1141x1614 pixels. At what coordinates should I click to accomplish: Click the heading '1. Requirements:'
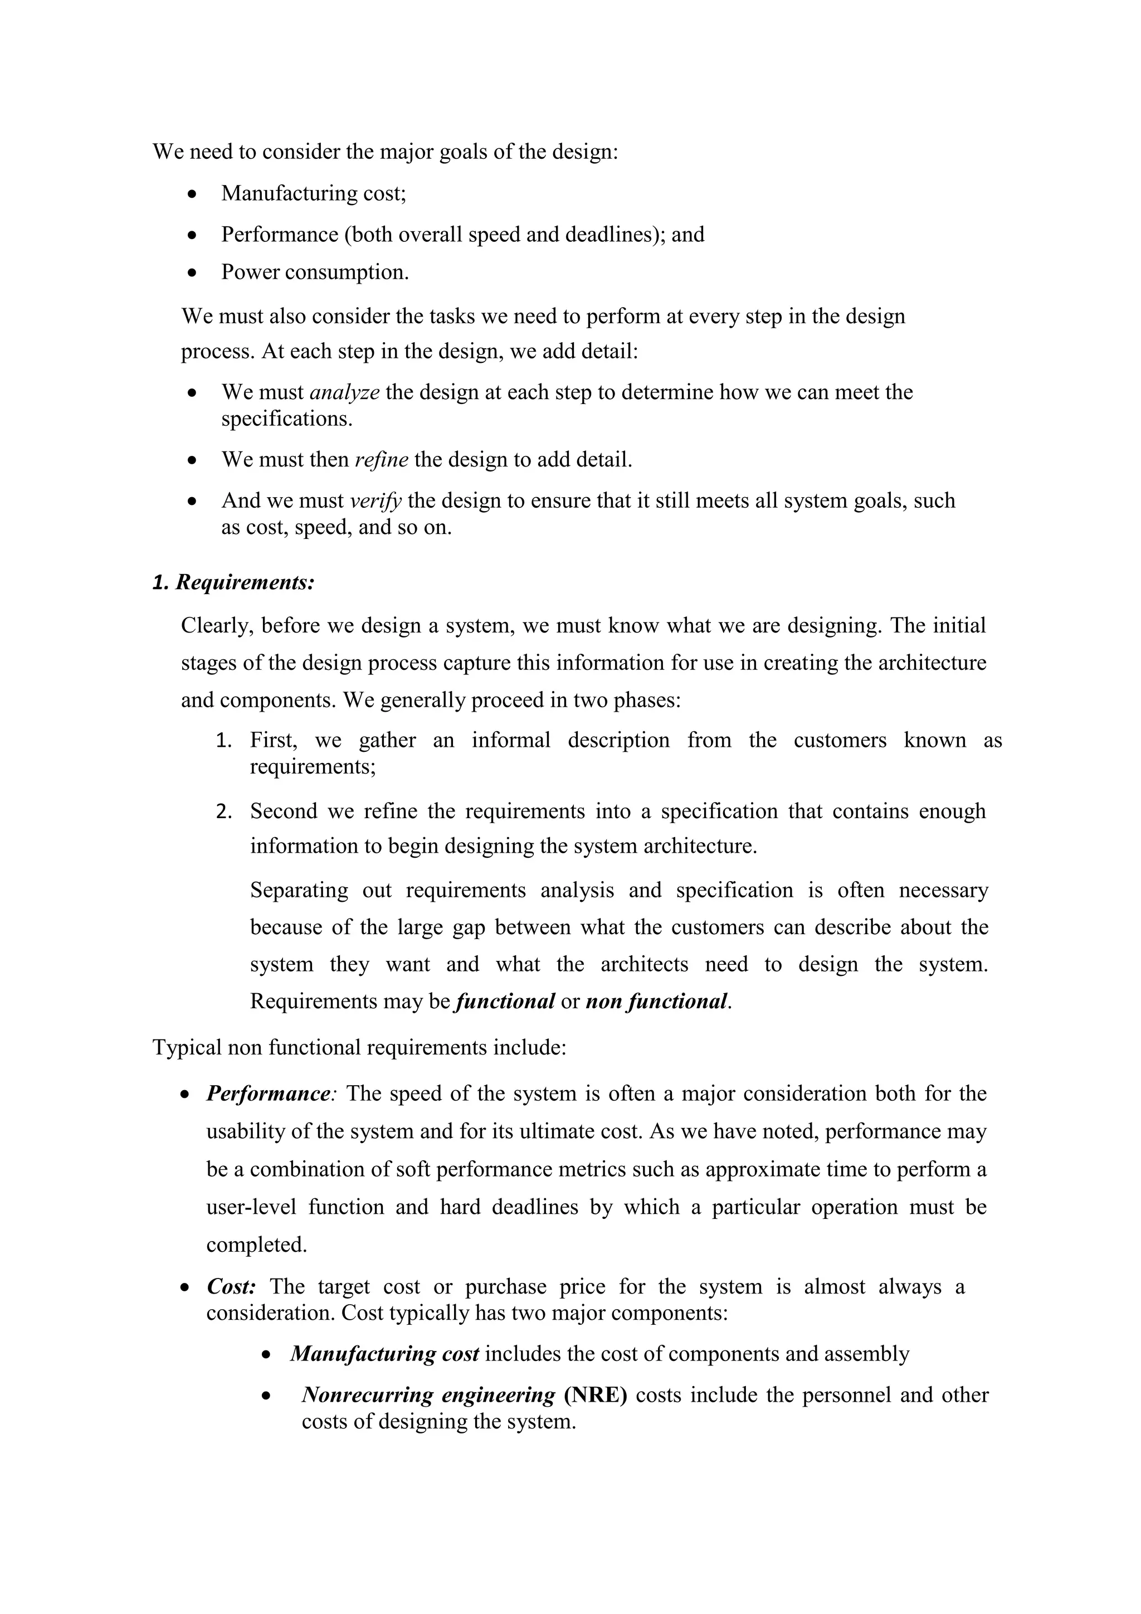tap(233, 583)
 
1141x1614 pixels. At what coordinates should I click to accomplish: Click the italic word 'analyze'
tap(344, 392)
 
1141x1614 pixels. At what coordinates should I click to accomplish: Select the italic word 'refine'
tap(382, 460)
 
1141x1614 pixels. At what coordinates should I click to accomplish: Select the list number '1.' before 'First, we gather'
tap(223, 740)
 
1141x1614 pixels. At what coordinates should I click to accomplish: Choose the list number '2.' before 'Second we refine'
tap(223, 812)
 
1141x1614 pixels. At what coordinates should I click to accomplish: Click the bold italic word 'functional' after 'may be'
tap(505, 1001)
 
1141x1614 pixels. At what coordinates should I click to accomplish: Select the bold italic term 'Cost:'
tap(231, 1286)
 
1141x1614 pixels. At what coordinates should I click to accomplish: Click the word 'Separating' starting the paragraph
tap(299, 890)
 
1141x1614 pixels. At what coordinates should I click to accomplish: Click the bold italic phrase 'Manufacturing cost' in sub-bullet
tap(384, 1354)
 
